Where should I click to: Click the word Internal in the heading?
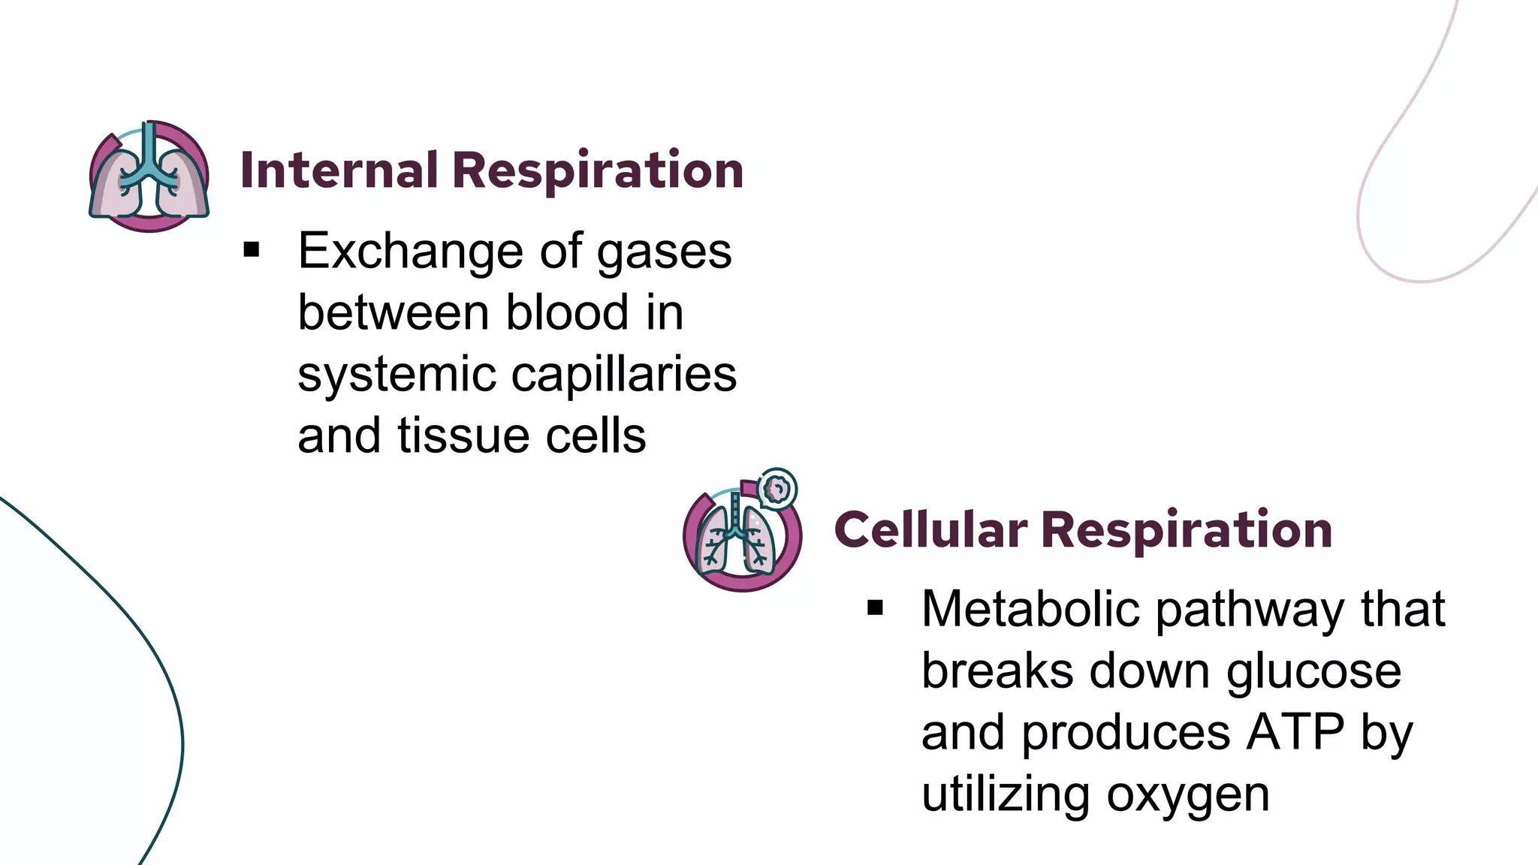339,170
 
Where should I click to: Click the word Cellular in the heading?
930,530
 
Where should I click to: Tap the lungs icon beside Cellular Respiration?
741,535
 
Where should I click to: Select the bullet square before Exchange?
251,250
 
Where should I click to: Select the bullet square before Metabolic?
875,607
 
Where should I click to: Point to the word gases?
664,252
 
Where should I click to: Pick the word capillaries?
624,375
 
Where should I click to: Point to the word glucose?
1313,671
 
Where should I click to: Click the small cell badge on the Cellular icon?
777,489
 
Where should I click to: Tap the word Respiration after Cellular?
1187,530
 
